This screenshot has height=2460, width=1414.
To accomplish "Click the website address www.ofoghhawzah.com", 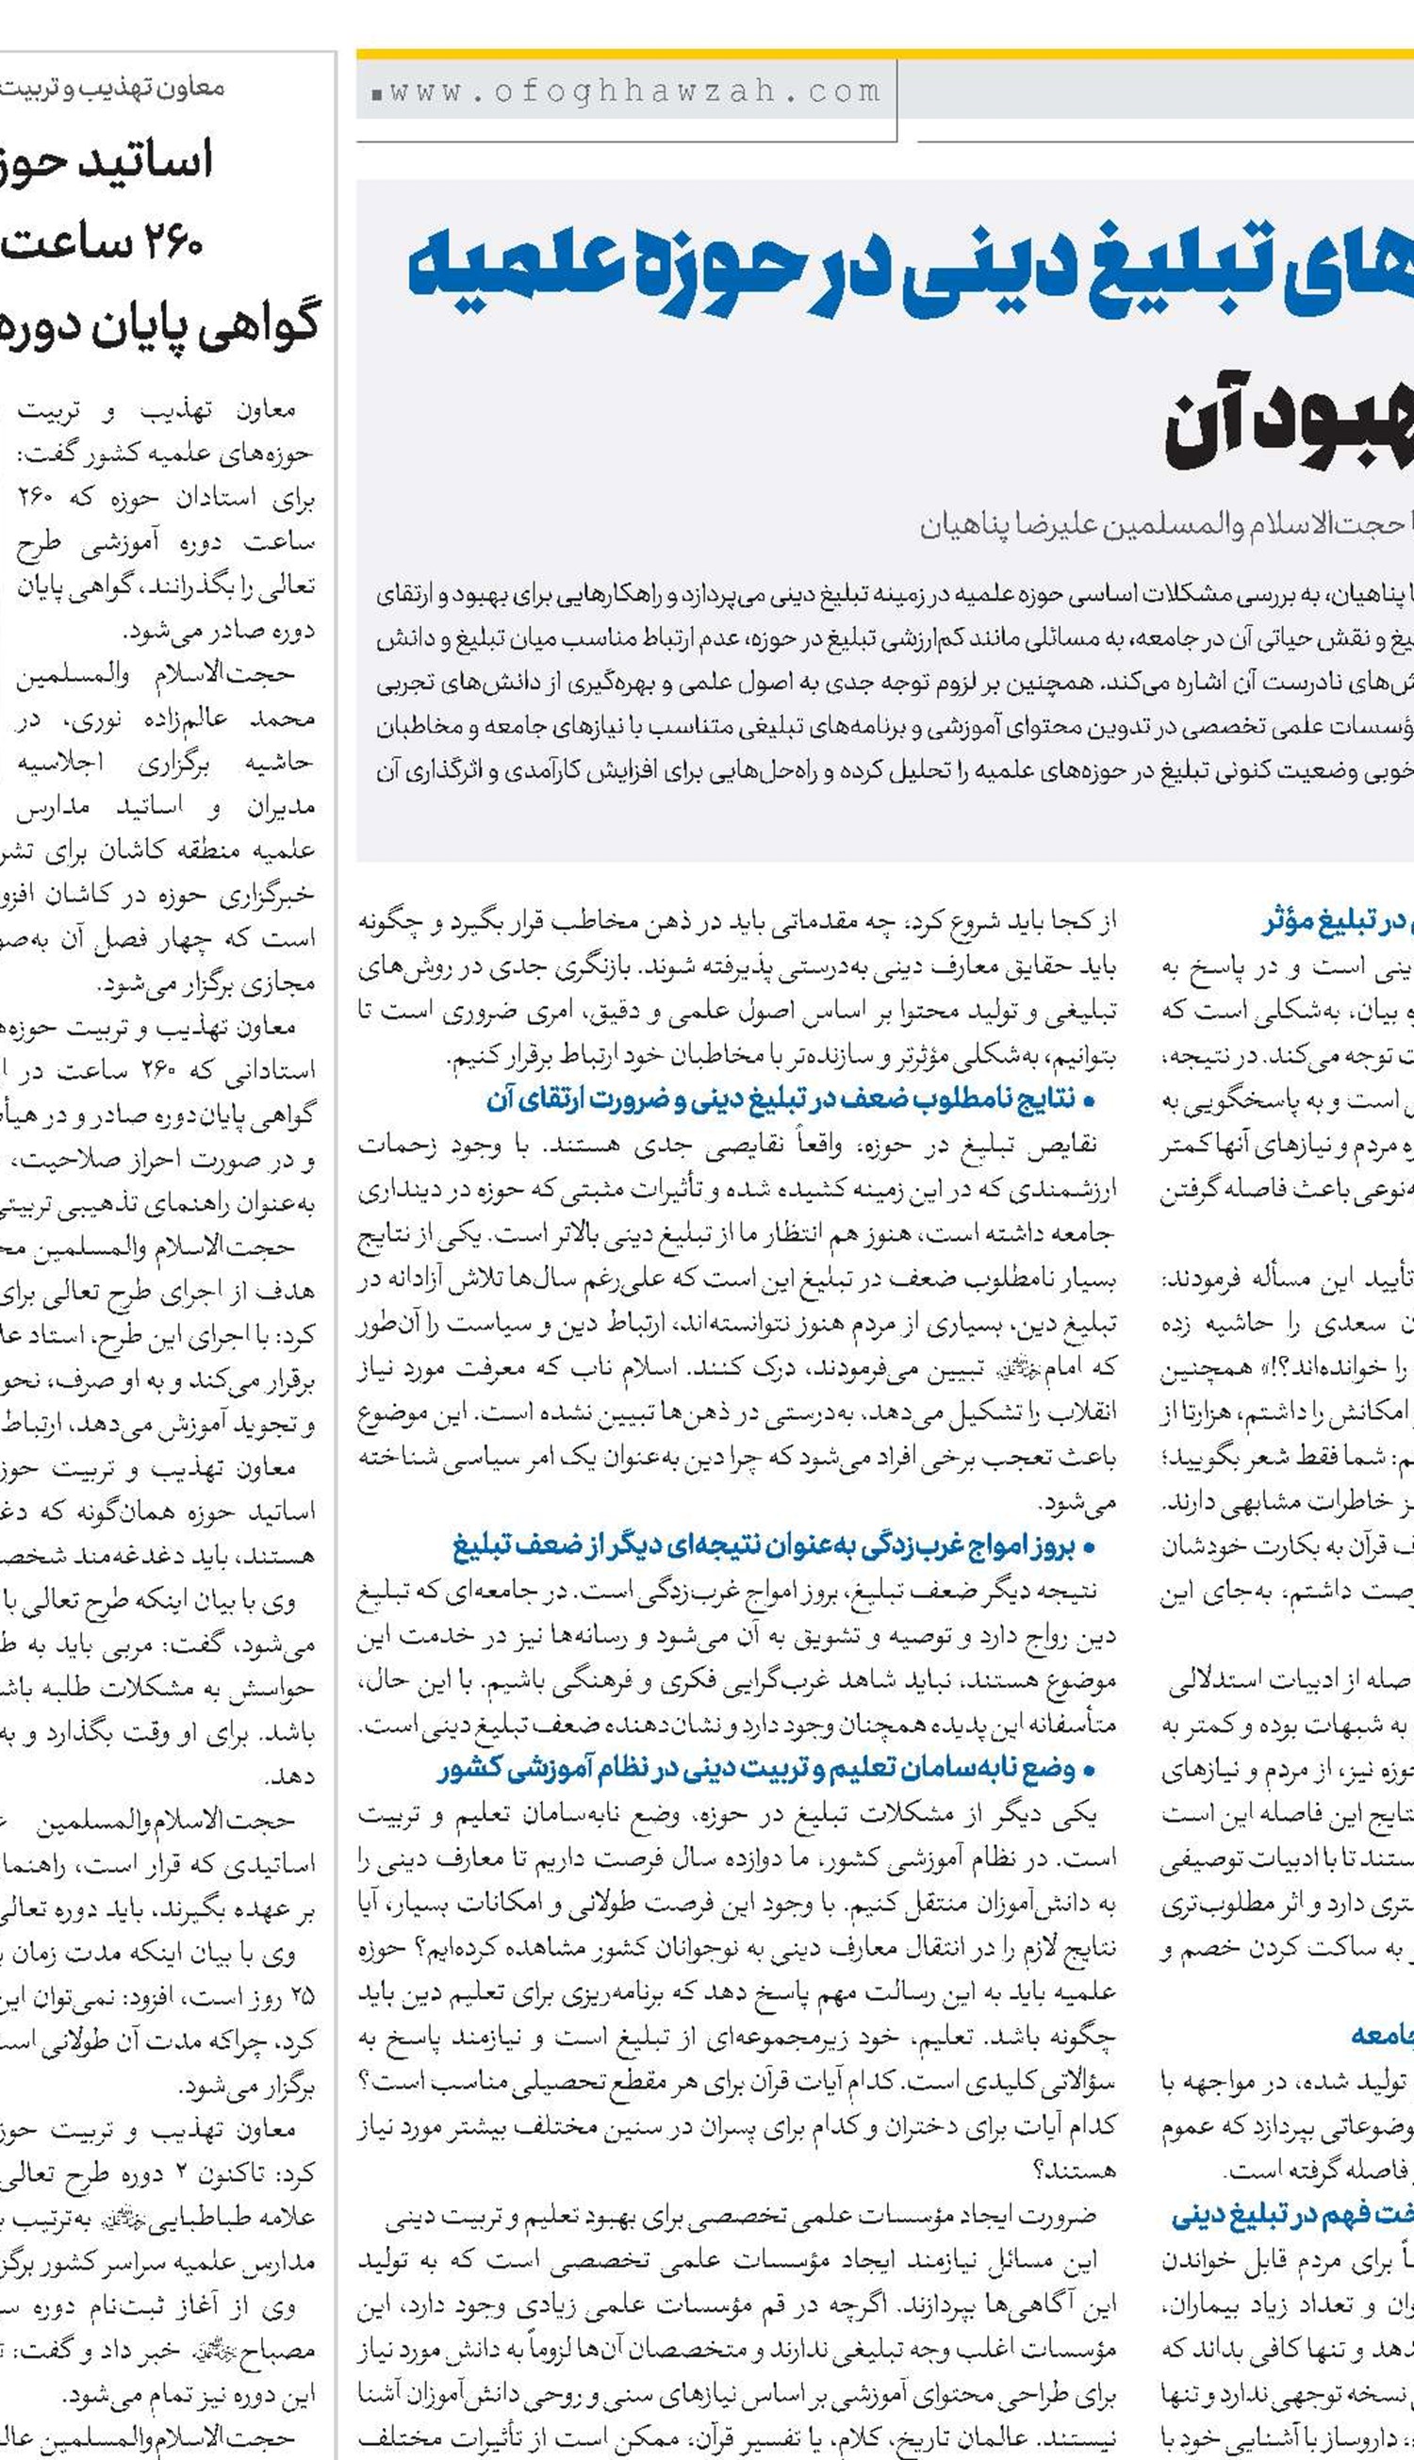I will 635,92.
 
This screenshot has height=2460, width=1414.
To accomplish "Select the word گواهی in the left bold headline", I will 261,325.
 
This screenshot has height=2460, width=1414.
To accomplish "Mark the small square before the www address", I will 376,95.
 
